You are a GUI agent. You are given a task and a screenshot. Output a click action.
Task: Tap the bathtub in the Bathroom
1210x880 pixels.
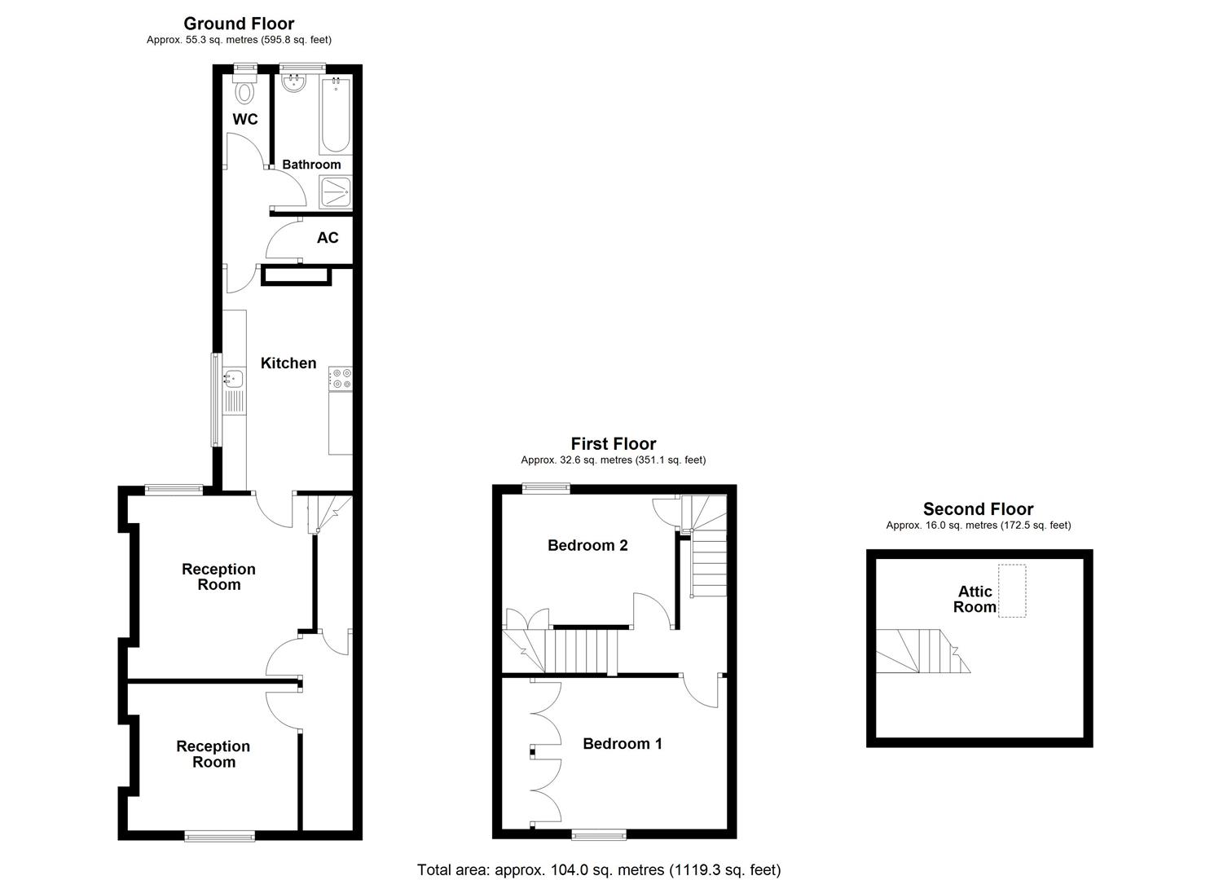[336, 116]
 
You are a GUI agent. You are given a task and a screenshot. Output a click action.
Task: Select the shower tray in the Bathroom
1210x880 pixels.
[336, 193]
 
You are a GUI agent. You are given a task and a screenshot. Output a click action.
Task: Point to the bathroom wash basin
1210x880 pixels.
[293, 83]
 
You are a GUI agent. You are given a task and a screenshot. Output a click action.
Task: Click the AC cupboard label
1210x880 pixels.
[328, 238]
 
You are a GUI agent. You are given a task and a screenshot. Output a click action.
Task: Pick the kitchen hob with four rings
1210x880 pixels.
[341, 378]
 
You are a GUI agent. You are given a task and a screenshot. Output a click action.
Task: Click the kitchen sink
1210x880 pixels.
[234, 378]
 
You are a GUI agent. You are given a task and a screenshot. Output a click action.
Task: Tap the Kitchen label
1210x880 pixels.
[288, 363]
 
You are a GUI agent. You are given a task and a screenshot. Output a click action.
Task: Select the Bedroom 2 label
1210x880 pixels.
[587, 545]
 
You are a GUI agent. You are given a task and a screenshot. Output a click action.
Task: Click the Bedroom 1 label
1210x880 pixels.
[623, 743]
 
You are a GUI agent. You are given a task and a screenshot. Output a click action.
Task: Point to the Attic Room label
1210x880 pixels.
[975, 599]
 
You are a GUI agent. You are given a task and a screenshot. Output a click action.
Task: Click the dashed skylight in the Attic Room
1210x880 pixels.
[1012, 590]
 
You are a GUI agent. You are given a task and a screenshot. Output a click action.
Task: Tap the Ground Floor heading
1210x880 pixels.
[239, 24]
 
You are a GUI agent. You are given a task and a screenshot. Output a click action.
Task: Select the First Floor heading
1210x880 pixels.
[614, 444]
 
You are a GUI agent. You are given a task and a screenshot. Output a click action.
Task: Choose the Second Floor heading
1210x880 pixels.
[978, 509]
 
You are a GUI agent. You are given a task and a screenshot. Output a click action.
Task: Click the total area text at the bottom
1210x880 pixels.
[599, 869]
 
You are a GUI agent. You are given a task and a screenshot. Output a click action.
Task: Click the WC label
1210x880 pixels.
[245, 120]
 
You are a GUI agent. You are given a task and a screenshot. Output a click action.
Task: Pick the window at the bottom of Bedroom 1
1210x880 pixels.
[600, 834]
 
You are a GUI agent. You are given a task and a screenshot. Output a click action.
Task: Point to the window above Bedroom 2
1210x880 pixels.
[546, 488]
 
